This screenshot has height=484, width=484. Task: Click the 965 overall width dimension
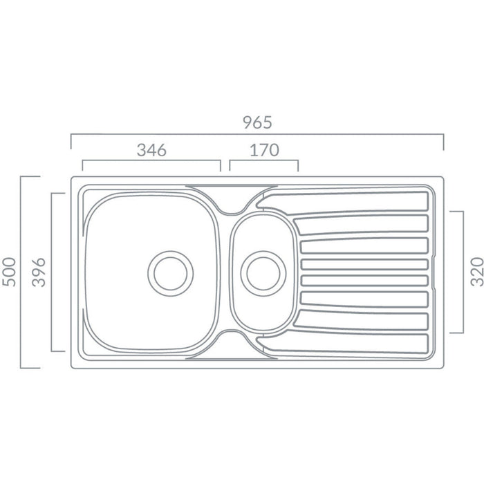pos(257,122)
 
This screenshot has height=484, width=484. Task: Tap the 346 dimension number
pos(151,150)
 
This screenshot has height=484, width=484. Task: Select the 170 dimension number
pos(264,150)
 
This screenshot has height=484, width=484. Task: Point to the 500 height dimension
pos(9,272)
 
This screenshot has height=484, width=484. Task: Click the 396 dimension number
pos(39,272)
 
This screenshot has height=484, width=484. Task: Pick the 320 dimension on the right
pos(476,272)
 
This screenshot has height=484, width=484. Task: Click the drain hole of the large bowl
pos(170,274)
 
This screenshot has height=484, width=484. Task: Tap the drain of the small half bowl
pos(263,274)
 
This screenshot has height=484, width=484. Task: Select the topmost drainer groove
pos(343,202)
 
